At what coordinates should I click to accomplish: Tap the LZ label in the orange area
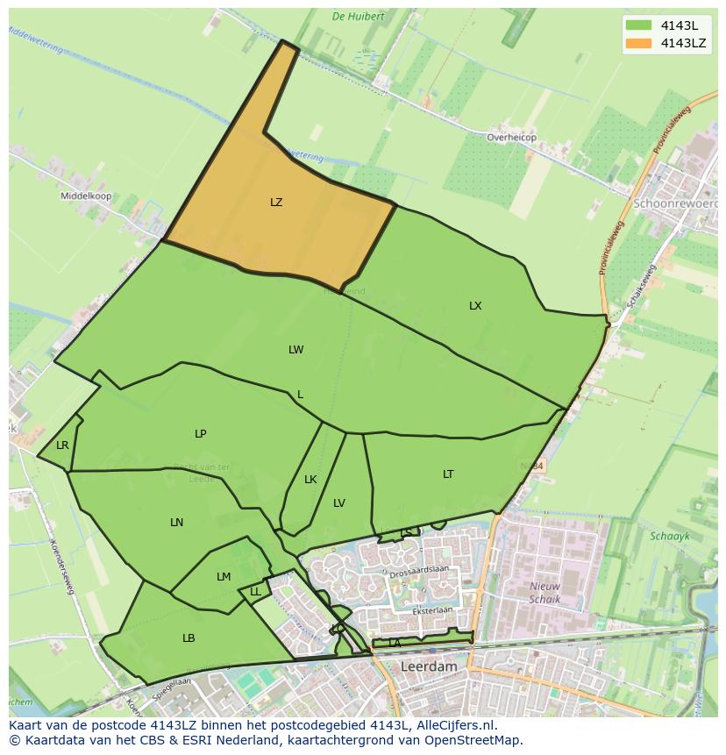[276, 203]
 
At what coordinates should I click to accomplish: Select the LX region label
[475, 306]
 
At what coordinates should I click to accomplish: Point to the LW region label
[296, 350]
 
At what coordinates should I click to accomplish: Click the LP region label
[201, 434]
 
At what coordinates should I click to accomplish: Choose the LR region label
[62, 445]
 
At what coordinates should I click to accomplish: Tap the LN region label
[177, 523]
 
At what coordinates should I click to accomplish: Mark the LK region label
[310, 480]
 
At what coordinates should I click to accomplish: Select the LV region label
[339, 503]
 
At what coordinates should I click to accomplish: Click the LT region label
[448, 474]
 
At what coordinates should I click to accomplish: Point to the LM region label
[224, 577]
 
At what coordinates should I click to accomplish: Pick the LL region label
[255, 592]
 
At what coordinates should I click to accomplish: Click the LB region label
[189, 638]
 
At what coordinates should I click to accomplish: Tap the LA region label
[395, 643]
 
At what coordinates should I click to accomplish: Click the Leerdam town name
[429, 666]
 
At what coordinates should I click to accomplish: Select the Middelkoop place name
[86, 196]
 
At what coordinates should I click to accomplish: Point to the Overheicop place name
[511, 138]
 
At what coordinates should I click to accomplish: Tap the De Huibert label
[358, 16]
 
